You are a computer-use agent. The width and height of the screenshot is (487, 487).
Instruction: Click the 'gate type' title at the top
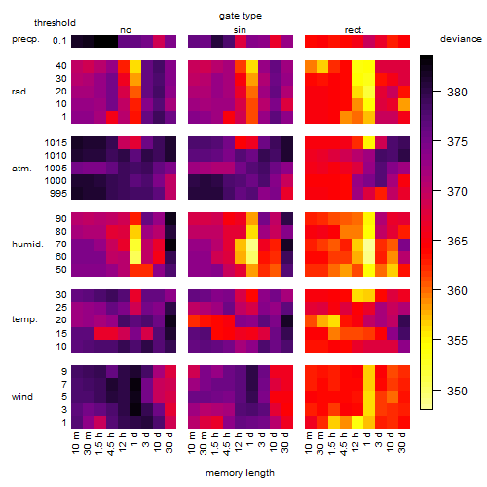point(241,16)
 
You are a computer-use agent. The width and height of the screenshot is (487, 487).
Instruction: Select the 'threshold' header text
point(55,23)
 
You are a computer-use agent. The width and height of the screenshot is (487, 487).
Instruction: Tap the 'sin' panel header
point(240,30)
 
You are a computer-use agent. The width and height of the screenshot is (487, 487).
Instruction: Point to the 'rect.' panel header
point(354,30)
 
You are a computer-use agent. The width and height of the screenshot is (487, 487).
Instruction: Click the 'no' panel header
point(126,30)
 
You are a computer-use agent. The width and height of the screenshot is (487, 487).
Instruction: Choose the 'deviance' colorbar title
point(461,39)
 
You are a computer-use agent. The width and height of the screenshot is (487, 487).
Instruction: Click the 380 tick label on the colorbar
point(457,93)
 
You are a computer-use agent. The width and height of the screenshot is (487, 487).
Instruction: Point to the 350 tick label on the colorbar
point(457,391)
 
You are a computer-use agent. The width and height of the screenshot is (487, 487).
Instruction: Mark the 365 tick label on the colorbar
point(457,242)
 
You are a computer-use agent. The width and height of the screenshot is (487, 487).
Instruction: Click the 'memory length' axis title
point(240,473)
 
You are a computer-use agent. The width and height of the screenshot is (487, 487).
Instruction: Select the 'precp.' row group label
point(25,39)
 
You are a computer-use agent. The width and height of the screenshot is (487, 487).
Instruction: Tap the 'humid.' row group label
point(27,243)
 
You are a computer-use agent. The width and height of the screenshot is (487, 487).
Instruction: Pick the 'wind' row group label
point(22,397)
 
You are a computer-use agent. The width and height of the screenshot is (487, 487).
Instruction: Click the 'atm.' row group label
point(21,169)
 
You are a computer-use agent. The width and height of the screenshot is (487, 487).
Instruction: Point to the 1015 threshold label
point(56,143)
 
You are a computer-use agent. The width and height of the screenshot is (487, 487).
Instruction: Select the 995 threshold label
point(58,194)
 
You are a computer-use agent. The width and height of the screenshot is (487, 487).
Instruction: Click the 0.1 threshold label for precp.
point(59,41)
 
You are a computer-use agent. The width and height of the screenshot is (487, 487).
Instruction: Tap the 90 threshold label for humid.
point(61,219)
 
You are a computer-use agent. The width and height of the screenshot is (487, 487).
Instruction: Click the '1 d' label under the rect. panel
point(367,439)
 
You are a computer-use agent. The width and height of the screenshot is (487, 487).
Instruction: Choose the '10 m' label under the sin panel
point(192,443)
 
